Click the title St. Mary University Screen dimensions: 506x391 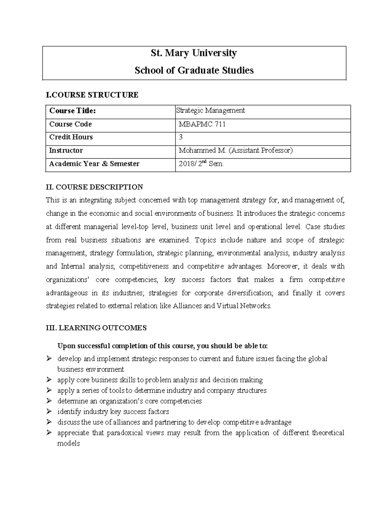tap(194, 53)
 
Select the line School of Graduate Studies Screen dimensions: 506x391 tap(194, 70)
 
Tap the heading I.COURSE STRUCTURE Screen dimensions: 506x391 tap(92, 95)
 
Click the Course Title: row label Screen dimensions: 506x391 tap(72, 111)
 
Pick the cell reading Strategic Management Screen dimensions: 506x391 tap(210, 110)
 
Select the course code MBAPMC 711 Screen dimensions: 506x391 tap(202, 124)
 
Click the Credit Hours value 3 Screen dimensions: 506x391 tap(181, 137)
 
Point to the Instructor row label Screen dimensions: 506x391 tap(66, 151)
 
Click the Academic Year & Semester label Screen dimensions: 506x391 tap(94, 164)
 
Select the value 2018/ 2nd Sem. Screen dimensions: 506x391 tap(201, 164)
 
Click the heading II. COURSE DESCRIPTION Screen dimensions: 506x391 tap(94, 187)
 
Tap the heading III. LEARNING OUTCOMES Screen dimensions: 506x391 tap(96, 328)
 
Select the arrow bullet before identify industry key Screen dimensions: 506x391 tap(49, 412)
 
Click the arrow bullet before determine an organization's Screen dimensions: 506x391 tap(49, 401)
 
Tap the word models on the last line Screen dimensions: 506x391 tap(68, 443)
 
